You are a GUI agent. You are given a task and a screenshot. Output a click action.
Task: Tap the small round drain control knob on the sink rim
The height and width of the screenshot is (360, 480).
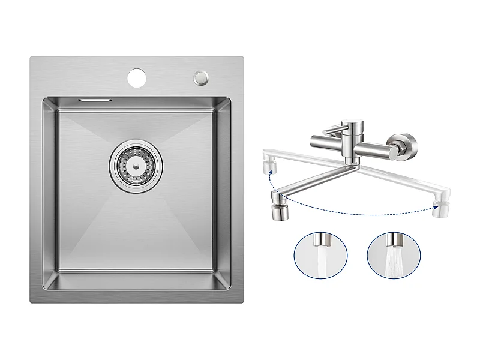point(200,77)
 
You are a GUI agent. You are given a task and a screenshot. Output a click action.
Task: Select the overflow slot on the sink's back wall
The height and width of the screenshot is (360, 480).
point(94,99)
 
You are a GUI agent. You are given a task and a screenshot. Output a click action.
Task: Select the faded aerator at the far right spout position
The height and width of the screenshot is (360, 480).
point(442,209)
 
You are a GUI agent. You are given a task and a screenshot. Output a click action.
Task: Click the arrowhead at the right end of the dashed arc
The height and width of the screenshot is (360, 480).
point(434,208)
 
